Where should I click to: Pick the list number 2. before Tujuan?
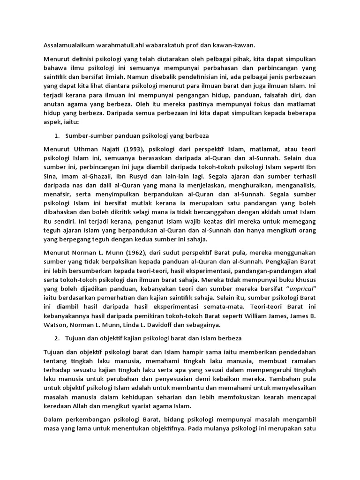tap(56, 338)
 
